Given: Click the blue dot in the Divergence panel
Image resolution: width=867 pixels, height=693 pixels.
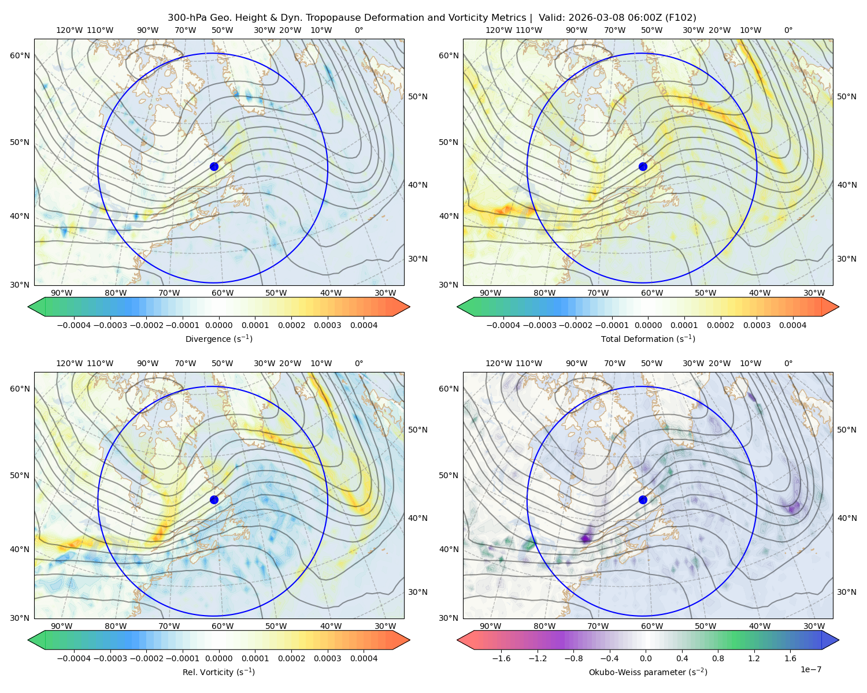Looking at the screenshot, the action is coord(214,167).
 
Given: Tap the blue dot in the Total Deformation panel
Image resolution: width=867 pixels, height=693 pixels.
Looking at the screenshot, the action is coord(643,167).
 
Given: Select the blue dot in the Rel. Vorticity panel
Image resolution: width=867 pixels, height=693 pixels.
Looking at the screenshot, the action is coord(214,500).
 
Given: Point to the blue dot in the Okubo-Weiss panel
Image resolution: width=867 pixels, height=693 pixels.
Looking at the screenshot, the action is coord(643,500).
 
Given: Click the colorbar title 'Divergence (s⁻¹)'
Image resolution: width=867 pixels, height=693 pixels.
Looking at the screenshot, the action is coord(218,339).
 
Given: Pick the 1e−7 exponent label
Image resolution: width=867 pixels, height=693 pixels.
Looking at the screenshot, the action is coord(810,669).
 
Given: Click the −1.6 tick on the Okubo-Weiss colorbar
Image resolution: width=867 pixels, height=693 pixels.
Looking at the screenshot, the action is coord(501,658).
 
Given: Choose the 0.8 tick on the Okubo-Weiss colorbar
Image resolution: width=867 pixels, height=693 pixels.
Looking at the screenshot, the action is coord(718,658).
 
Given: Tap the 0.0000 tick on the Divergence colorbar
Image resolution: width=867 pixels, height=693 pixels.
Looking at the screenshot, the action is coord(218,325).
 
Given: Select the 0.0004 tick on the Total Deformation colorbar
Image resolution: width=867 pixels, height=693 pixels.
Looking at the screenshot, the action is coord(793,325).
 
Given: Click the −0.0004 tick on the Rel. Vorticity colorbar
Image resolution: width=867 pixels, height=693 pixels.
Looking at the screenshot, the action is coord(74,658).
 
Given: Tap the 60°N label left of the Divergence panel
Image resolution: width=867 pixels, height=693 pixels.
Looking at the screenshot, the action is coord(20,55).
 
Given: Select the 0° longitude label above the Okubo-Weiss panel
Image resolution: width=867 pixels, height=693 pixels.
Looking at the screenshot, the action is coord(788,363).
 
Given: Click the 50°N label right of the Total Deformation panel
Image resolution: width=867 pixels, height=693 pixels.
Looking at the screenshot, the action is coord(846,96).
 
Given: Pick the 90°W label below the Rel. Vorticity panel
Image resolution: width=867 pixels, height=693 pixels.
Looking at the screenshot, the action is coord(62,626).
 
